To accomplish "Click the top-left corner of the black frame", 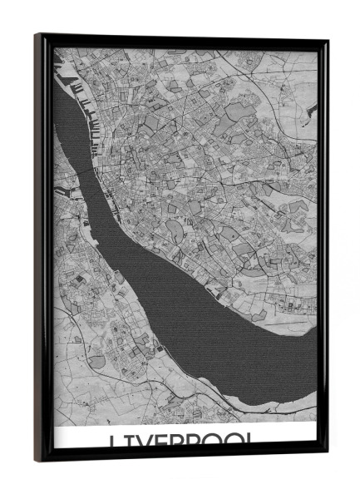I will coord(36,35).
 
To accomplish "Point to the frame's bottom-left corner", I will coord(37,461).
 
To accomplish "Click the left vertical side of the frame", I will coord(42,249).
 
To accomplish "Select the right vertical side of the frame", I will coord(323,249).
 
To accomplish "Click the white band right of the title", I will coord(291,438).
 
